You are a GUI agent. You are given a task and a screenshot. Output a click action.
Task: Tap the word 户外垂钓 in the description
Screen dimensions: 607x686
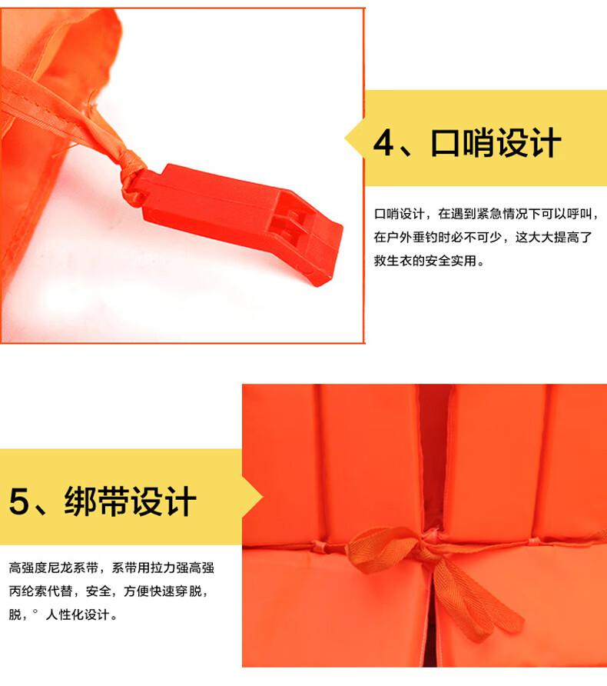pyautogui.click(x=412, y=237)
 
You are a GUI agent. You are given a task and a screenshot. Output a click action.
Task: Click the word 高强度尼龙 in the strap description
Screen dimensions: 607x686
pyautogui.click(x=41, y=568)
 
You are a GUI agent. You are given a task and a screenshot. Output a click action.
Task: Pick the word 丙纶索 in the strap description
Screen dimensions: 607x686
pyautogui.click(x=28, y=591)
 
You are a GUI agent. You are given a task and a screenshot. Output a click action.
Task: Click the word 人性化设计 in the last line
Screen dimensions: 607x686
pyautogui.click(x=78, y=614)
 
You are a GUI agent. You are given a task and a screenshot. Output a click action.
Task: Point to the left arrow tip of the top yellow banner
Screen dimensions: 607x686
pyautogui.click(x=345, y=138)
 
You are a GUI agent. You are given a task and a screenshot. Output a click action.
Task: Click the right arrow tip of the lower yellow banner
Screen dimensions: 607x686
pyautogui.click(x=262, y=497)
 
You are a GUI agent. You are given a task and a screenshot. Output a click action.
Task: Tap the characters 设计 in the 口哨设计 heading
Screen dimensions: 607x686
pyautogui.click(x=529, y=142)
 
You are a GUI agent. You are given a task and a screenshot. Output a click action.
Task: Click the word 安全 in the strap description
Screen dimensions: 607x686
pyautogui.click(x=98, y=591)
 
